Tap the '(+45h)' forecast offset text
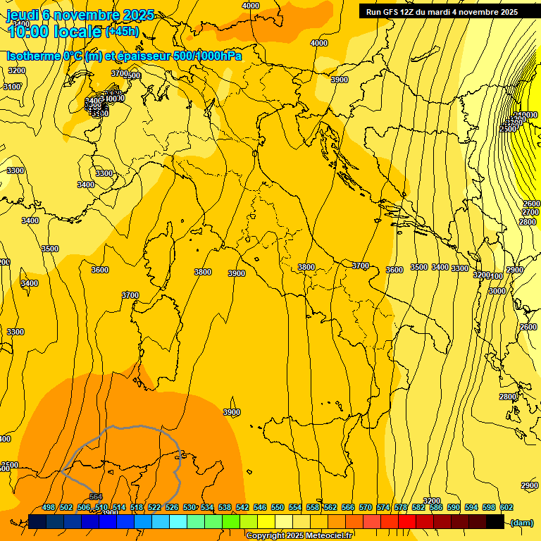123,31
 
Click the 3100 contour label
12,87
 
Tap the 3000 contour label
497,291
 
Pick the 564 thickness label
96,497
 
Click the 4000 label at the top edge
250,6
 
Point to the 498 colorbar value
49,507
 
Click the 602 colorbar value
506,507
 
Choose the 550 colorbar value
278,507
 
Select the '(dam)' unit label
521,522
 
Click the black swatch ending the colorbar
495,521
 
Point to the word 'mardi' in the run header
439,12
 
